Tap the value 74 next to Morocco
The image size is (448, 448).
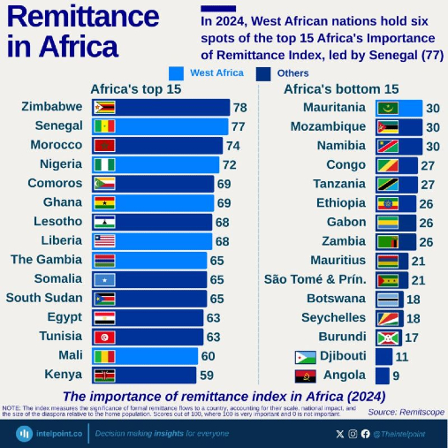pos(232,145)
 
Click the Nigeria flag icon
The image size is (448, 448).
pos(104,164)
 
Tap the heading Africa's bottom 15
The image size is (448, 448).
pos(341,89)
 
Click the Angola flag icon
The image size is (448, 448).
pos(306,376)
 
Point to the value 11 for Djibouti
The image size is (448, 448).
pos(401,356)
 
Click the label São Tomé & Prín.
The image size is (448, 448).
pos(315,279)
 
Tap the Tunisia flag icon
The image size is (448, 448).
pos(104,337)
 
